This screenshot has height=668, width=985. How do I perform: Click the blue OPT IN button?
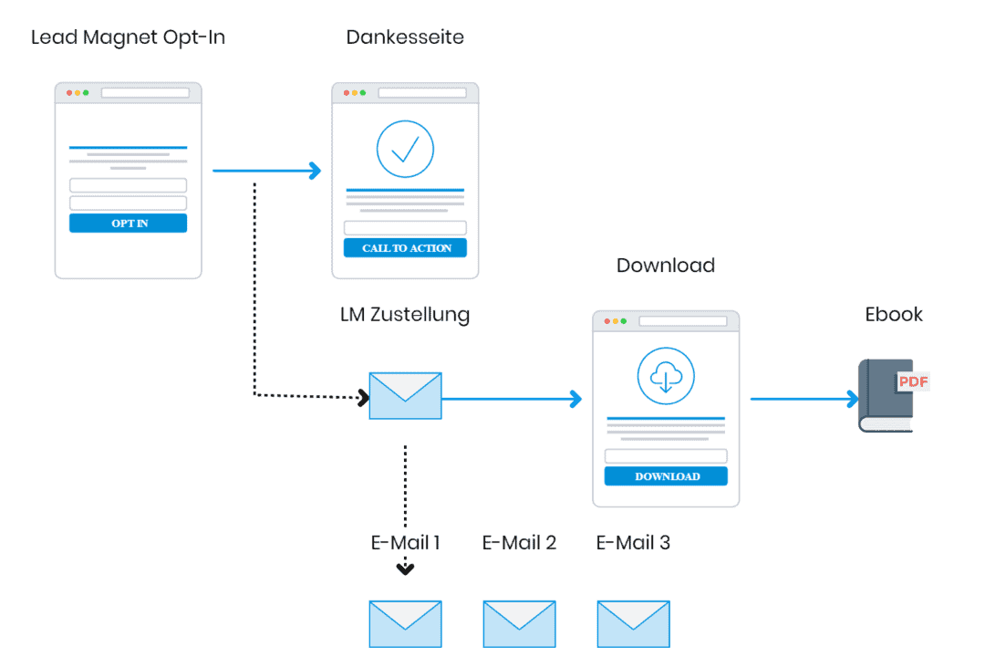coord(128,224)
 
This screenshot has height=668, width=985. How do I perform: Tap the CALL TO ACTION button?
coord(405,248)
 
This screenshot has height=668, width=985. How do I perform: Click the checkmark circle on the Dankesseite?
coord(405,149)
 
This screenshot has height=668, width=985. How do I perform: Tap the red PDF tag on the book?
coord(913,381)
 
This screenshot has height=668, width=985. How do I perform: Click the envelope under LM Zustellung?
coord(405,396)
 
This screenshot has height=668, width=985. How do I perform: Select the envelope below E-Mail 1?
coord(405,624)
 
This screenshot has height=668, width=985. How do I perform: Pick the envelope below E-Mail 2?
coord(519,624)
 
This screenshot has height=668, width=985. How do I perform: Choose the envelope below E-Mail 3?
coord(633,624)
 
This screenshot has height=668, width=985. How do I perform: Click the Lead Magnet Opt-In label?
coord(128,37)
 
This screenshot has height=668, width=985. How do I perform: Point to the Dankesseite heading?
coord(405,37)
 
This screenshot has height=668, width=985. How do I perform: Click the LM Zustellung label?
coord(405,315)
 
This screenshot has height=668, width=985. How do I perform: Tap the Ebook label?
coord(894,315)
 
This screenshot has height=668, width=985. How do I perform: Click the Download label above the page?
coord(666,266)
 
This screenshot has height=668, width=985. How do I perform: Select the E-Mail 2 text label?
coord(519,543)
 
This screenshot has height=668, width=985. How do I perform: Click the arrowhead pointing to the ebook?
coord(853,399)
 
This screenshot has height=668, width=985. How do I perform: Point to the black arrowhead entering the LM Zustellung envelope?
coord(363,398)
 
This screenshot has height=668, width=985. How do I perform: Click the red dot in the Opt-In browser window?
coord(67,93)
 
